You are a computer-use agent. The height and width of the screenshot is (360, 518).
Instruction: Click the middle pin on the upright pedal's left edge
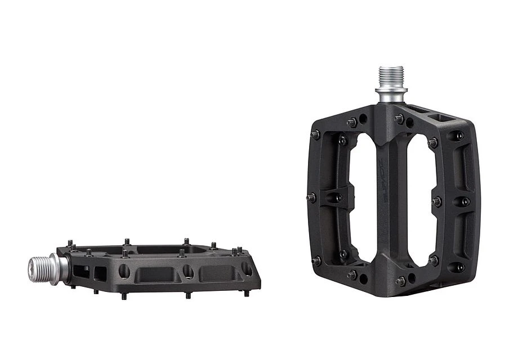pyautogui.click(x=311, y=197)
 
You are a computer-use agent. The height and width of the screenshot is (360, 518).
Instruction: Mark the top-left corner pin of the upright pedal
pyautogui.click(x=315, y=134)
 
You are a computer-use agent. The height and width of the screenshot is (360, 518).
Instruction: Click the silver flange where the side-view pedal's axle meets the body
pyautogui.click(x=56, y=268)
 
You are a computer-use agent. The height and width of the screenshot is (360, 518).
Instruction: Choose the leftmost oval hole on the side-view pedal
pyautogui.click(x=124, y=272)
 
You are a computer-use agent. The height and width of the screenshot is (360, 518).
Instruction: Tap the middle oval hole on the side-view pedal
pyautogui.click(x=188, y=272)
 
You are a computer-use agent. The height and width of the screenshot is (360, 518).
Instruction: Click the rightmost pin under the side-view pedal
pyautogui.click(x=246, y=294)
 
